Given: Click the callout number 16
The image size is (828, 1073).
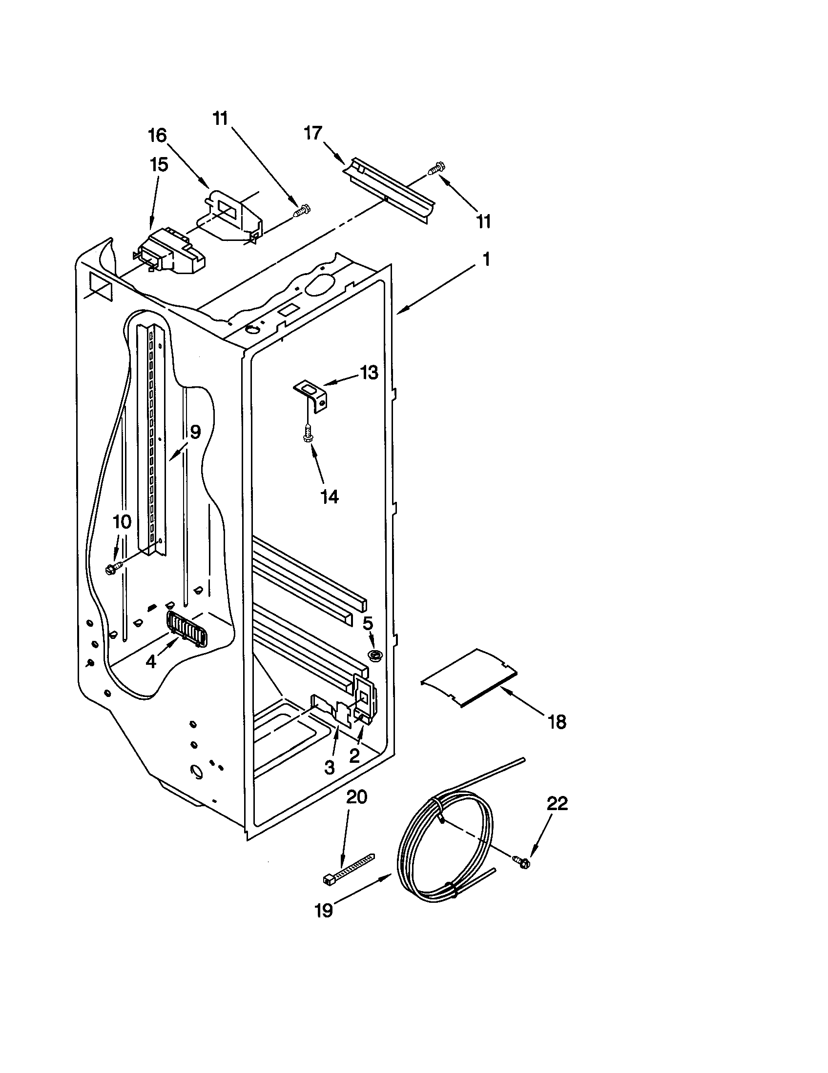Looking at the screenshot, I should click(157, 135).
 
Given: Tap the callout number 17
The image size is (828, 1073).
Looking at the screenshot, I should click(313, 133).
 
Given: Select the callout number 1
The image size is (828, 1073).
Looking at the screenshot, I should click(486, 259).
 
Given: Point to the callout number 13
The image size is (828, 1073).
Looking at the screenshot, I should click(369, 373).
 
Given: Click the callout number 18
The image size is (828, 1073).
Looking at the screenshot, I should click(557, 722).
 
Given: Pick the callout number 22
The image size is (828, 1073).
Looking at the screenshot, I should click(557, 803).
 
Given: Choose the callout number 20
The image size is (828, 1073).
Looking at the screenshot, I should click(356, 796).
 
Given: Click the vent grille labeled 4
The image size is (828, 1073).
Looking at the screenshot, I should click(187, 629).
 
